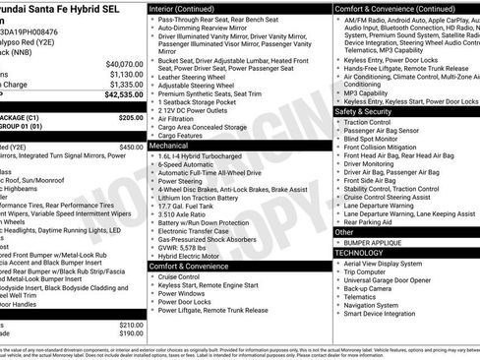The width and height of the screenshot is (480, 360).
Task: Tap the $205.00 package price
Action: (130, 117)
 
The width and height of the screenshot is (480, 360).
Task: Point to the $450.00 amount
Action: (130, 147)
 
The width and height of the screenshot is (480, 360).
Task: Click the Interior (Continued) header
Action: (189, 7)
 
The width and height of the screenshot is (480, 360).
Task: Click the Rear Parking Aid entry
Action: (370, 222)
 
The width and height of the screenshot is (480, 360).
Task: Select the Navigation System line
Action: (377, 305)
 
